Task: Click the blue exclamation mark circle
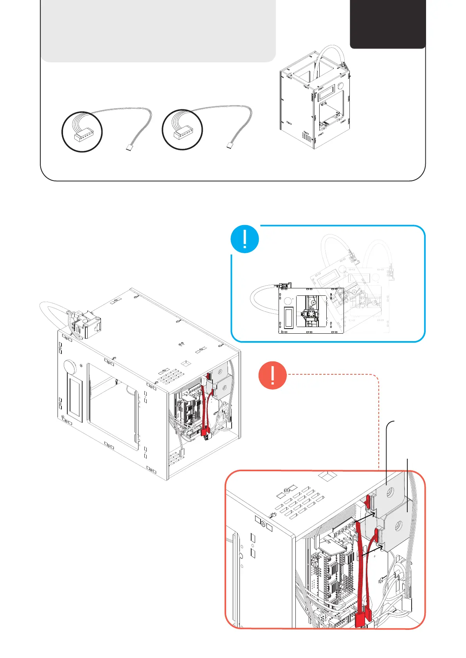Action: (x=245, y=239)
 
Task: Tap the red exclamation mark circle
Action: (x=273, y=375)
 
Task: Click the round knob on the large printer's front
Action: (x=70, y=367)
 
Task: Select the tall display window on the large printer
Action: (x=75, y=397)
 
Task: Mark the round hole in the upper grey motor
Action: (x=390, y=494)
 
